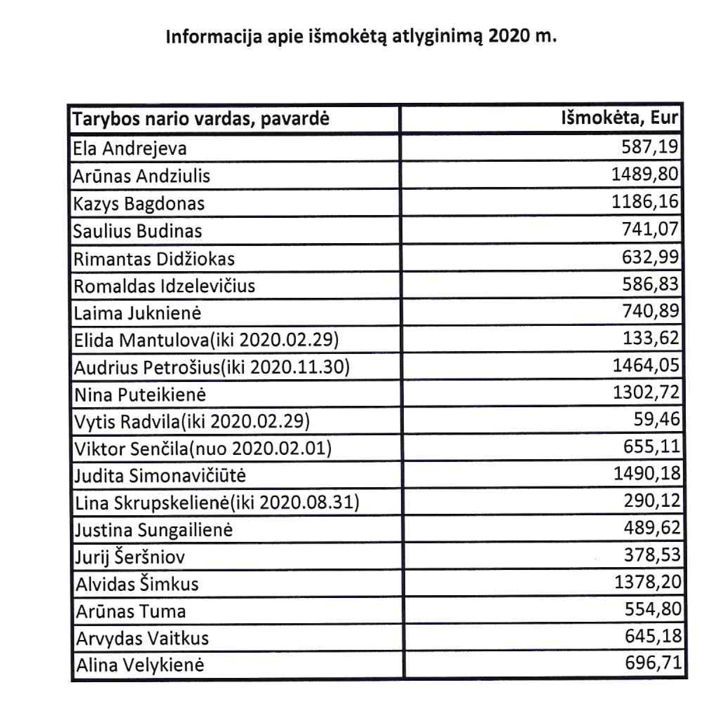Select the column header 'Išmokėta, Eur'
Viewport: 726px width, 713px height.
click(x=619, y=118)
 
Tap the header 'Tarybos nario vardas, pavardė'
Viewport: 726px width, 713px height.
click(x=201, y=119)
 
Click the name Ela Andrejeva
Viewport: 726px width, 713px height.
click(x=129, y=149)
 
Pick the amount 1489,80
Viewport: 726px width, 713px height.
click(x=645, y=174)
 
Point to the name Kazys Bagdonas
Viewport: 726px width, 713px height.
click(x=139, y=204)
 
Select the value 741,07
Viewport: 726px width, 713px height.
click(x=650, y=229)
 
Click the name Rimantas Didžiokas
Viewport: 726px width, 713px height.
click(x=154, y=259)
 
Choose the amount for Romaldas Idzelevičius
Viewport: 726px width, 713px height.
click(x=650, y=284)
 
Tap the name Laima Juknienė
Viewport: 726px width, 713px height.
click(x=137, y=313)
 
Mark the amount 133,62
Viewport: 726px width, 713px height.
click(x=651, y=338)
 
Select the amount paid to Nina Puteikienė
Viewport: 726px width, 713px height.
click(x=646, y=392)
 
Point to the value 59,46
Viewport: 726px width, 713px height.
click(x=656, y=419)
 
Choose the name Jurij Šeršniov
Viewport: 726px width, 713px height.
click(x=130, y=557)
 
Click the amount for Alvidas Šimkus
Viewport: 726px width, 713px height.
click(x=647, y=582)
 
